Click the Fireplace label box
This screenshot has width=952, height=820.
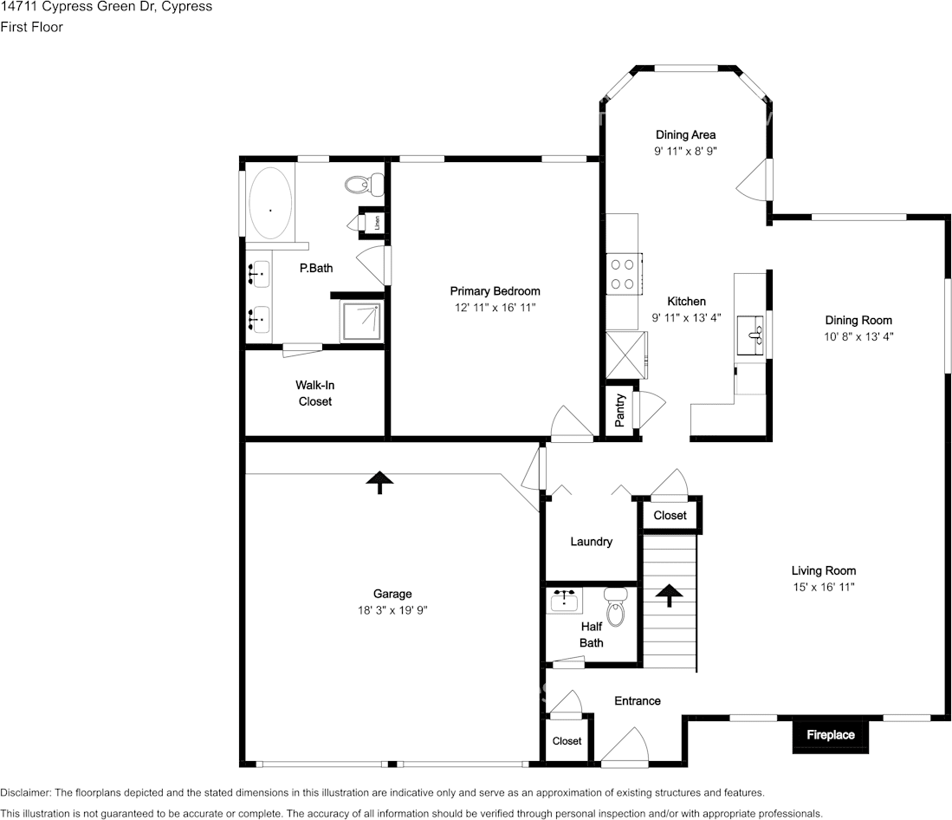(831, 735)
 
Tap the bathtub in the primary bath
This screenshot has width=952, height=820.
(271, 203)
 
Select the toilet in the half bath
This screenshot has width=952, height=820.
(615, 607)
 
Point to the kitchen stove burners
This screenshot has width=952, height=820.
(622, 274)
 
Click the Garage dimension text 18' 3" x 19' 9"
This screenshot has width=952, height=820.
(392, 610)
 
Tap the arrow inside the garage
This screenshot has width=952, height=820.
(379, 482)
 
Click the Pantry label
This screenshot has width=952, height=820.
(620, 411)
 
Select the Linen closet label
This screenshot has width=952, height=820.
(377, 222)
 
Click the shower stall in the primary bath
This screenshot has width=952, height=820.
(362, 321)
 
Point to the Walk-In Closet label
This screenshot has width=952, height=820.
(315, 393)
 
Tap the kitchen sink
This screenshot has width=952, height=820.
(751, 335)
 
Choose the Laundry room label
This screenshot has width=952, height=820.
(592, 542)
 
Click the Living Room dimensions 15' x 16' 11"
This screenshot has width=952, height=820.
(823, 587)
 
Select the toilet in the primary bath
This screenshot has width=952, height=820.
(365, 184)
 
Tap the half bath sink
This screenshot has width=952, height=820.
(566, 600)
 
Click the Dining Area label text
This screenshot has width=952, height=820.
(685, 135)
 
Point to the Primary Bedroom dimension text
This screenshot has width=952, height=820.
(495, 308)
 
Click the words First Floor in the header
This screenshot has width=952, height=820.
(31, 27)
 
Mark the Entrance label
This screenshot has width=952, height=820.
(638, 701)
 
